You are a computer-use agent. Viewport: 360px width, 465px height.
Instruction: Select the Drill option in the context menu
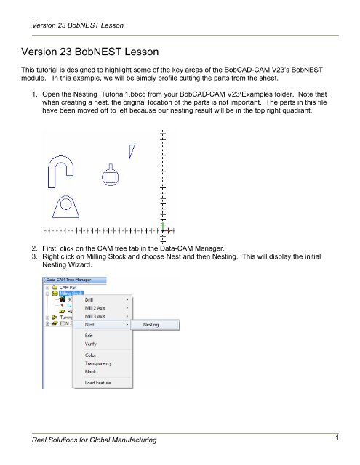click(x=89, y=299)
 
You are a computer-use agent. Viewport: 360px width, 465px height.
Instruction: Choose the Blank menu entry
click(x=90, y=371)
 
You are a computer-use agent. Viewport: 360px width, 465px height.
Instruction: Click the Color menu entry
click(x=90, y=355)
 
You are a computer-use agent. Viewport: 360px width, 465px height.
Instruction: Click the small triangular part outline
click(x=132, y=150)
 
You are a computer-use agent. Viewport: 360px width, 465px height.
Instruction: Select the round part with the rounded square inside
click(x=111, y=177)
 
